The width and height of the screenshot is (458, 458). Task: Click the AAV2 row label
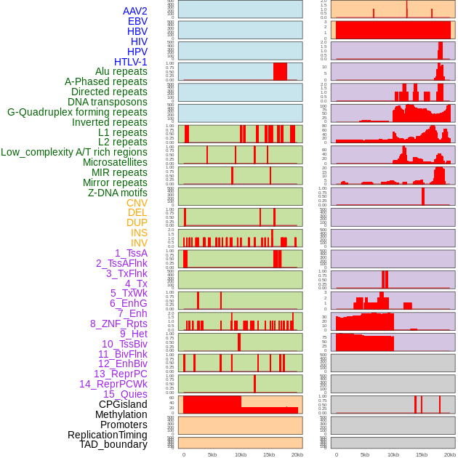134,11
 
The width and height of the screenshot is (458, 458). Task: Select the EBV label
137,21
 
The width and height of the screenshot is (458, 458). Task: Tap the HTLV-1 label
130,62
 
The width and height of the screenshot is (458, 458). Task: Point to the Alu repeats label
121,71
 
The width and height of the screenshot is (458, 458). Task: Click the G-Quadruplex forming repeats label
77,112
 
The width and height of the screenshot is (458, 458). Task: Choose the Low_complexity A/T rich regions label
74,152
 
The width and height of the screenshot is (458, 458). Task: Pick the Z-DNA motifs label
117,193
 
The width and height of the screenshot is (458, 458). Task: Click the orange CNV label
137,203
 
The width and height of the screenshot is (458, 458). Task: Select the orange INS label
139,233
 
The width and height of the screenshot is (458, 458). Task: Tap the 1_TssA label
131,253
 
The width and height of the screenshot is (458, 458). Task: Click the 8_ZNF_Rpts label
118,324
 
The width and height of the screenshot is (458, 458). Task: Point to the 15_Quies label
124,394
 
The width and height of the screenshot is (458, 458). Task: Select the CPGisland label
123,404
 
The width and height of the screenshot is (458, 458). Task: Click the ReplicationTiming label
108,435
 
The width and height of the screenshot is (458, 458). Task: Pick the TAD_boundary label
113,444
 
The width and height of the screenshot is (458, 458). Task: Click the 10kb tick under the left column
241,455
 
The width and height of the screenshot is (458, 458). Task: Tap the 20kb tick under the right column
450,455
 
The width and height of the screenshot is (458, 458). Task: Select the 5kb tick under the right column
365,455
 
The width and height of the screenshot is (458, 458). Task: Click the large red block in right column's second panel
393,31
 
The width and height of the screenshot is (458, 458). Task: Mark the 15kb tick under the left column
269,455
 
